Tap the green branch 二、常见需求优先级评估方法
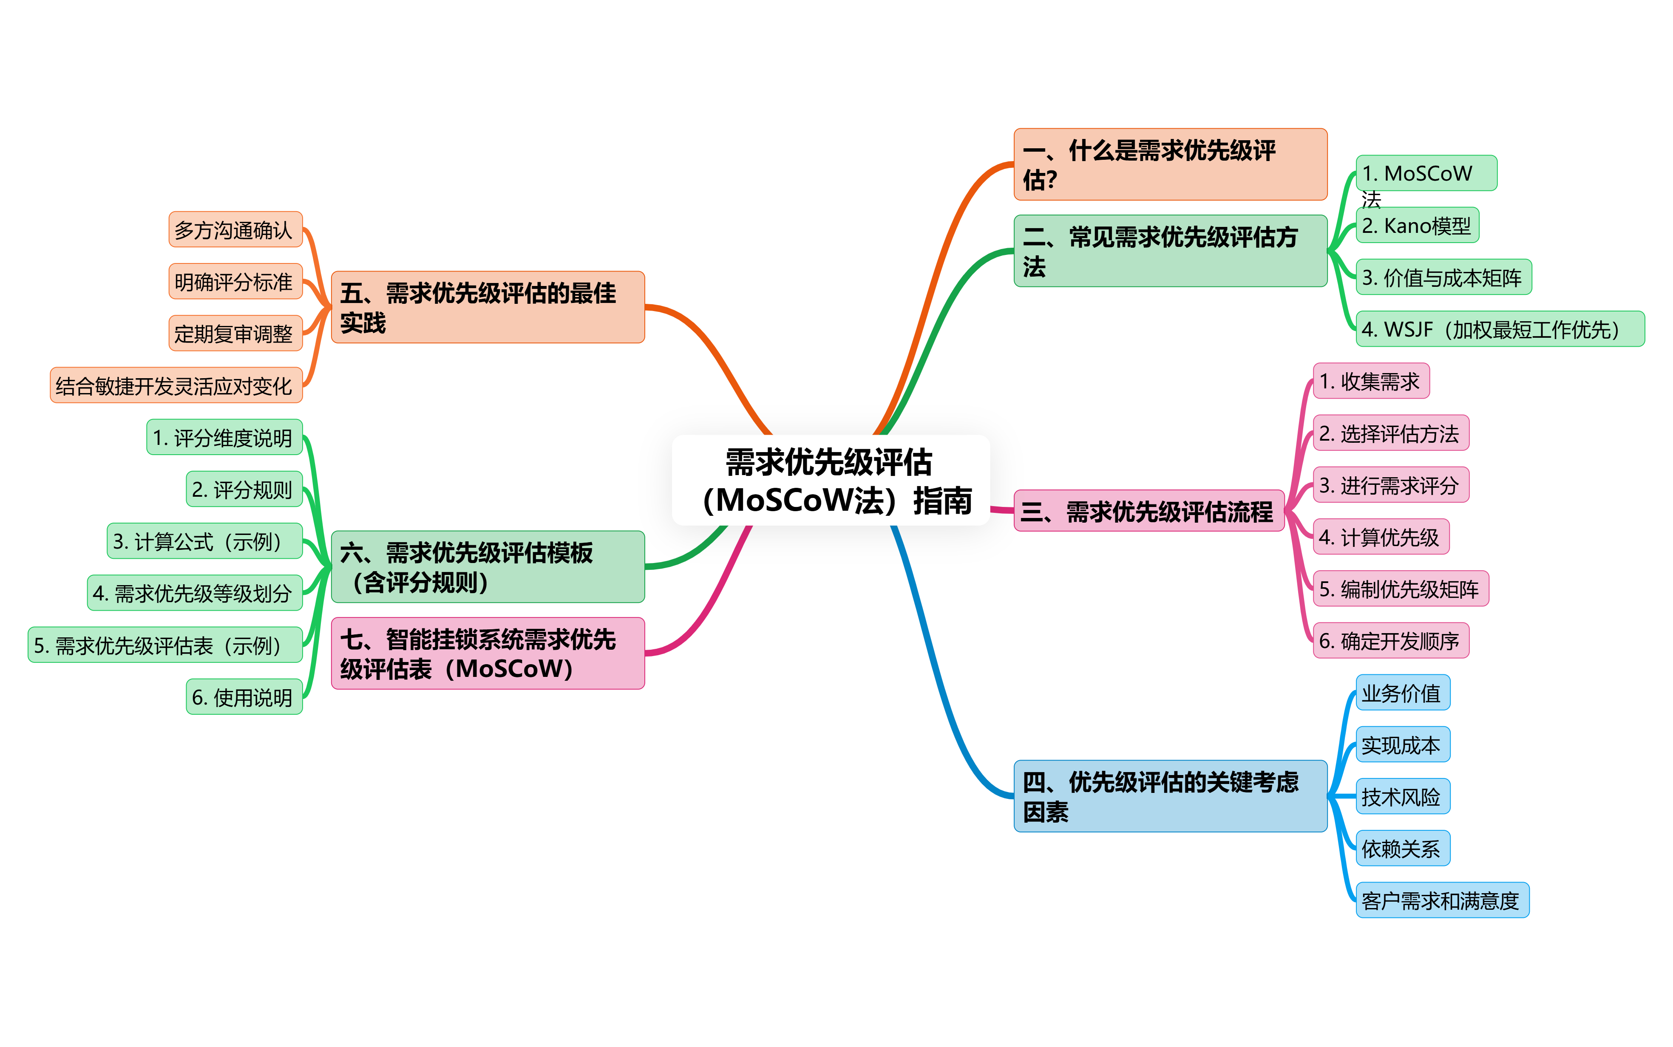[1170, 251]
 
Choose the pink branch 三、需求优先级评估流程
[1149, 511]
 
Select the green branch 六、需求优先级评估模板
[488, 566]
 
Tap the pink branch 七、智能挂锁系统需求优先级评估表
[488, 653]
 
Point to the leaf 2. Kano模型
[1417, 225]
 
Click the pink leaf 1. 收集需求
[1371, 381]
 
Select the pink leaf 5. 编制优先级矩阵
[1400, 589]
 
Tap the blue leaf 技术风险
[1402, 796]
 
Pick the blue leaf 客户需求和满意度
[1442, 900]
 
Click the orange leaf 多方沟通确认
[235, 229]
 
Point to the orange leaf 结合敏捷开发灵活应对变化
[176, 385]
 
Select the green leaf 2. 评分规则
[244, 489]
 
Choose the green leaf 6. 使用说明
[244, 696]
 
